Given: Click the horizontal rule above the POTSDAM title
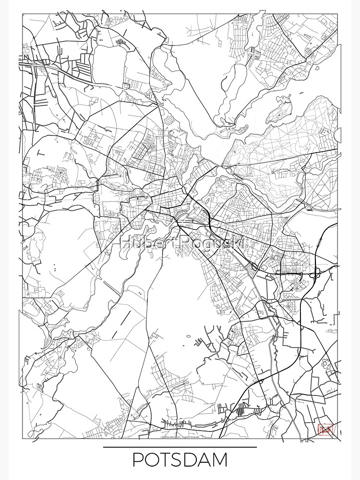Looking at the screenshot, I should click(x=180, y=447).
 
